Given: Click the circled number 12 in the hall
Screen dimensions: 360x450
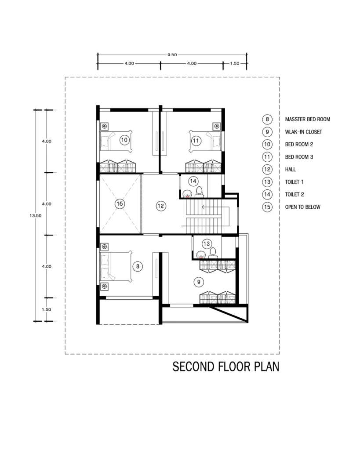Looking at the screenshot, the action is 161,206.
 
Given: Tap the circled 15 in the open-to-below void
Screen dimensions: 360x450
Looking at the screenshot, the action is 120,203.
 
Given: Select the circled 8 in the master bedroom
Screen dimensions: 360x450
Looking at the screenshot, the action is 138,266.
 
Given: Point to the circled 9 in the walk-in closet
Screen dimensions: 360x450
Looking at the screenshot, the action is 199,282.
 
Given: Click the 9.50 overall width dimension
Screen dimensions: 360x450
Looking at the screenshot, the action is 172,55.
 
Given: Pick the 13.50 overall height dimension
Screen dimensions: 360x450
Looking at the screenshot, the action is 35,215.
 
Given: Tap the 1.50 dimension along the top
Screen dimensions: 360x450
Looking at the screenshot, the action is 235,63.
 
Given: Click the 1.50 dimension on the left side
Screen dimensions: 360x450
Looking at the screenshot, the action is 47,309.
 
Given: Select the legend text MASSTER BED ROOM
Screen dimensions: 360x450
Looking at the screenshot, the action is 307,120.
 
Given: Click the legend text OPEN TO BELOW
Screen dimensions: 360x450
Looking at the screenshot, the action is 302,207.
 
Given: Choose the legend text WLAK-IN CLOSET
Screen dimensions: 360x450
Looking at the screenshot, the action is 303,132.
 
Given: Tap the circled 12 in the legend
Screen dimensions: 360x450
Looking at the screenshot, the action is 267,169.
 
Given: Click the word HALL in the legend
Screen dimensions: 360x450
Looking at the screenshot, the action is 290,169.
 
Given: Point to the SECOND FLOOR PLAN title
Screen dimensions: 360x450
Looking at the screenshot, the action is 226,367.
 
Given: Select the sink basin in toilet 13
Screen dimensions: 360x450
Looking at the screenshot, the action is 201,254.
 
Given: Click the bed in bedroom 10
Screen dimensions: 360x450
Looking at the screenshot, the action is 116,141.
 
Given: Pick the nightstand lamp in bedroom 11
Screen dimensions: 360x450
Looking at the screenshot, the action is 217,126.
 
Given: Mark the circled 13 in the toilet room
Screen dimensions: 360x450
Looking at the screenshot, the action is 207,244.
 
